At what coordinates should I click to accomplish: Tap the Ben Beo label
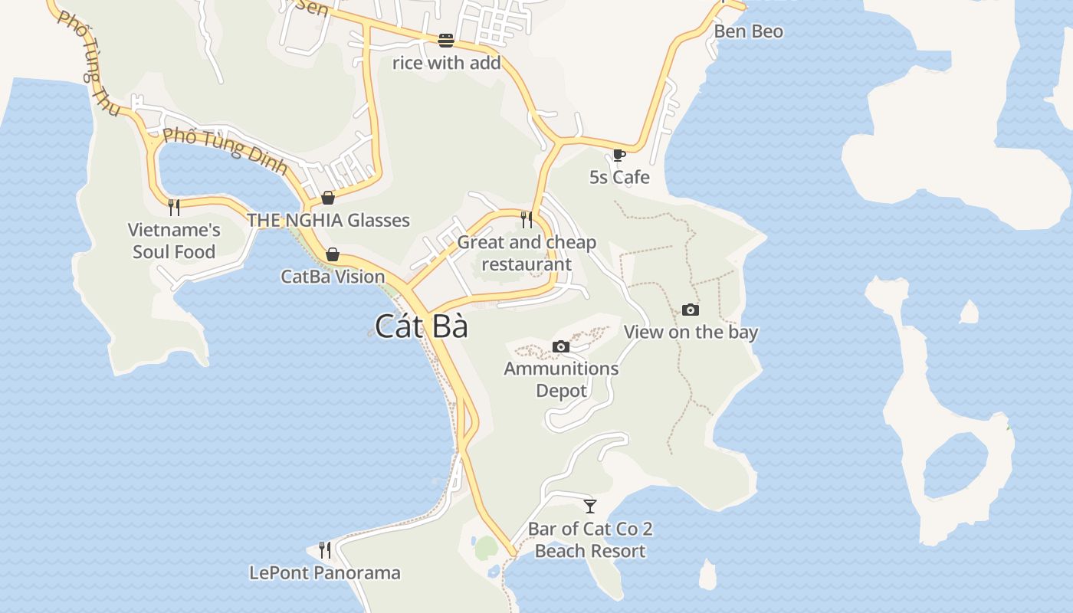748,31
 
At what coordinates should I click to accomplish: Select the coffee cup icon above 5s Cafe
619,156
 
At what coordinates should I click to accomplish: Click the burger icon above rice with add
446,40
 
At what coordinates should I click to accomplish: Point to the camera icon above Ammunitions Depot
561,346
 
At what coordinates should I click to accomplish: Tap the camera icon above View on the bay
691,310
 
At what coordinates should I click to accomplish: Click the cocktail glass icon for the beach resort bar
590,506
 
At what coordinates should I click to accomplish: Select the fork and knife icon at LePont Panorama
325,549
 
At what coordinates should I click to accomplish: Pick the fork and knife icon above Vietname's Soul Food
174,207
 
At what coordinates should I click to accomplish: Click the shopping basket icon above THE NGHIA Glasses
328,198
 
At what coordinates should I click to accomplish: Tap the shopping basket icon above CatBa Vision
333,254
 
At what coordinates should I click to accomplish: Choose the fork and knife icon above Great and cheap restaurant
527,220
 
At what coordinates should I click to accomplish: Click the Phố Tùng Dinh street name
225,150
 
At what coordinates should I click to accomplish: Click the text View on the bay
691,332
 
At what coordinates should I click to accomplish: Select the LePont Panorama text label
325,572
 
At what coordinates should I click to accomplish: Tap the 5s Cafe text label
619,177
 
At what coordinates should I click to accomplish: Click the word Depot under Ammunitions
561,391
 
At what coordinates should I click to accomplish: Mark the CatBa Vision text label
333,277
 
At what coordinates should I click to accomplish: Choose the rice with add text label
446,63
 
